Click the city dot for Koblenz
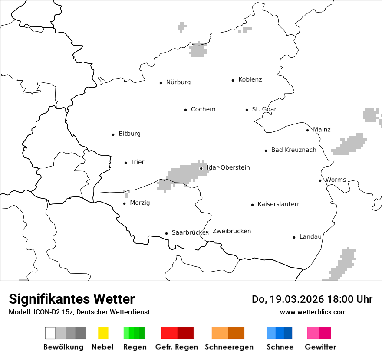233,80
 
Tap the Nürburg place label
178,82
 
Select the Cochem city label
203,109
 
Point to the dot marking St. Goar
247,110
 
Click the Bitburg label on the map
129,134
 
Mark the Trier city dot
126,163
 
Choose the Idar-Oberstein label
228,168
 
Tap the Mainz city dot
308,130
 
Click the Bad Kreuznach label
294,150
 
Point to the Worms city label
336,180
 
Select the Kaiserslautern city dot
252,205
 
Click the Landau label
310,237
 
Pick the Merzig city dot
125,203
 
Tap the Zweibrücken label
232,232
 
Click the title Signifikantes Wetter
72,299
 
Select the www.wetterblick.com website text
313,312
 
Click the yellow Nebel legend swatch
103,333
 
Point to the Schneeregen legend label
229,347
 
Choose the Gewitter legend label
320,347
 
